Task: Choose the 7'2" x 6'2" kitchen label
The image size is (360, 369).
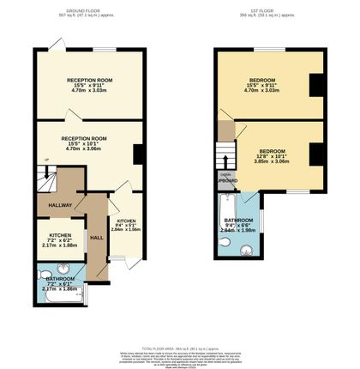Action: (59, 239)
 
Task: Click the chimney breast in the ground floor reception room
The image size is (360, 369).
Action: (138, 154)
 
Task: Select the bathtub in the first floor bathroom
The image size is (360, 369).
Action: (227, 225)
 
